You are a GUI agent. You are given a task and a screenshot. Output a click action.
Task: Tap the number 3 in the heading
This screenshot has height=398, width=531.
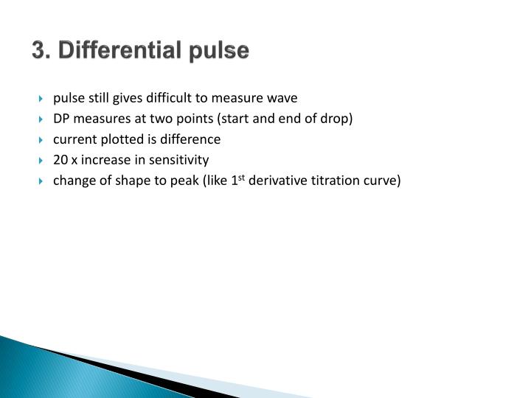[x=38, y=52]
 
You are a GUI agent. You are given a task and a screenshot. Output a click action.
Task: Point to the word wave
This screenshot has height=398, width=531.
[x=282, y=97]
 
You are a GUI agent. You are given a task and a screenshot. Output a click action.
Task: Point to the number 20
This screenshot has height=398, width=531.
[x=60, y=159]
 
